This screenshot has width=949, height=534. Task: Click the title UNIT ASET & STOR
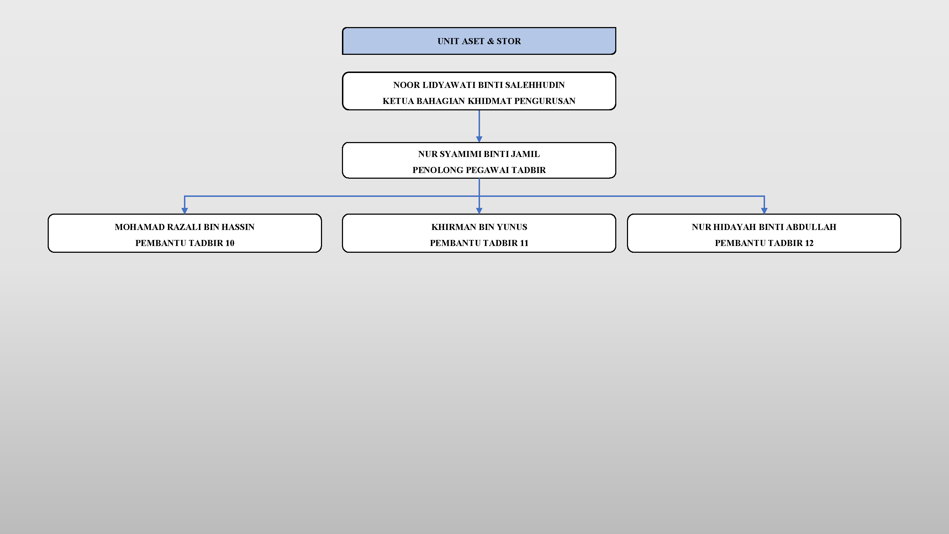click(x=479, y=41)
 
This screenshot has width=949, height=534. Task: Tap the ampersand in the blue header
click(x=490, y=41)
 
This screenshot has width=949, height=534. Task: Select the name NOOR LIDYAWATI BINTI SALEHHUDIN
click(x=479, y=85)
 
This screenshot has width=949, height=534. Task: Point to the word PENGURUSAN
click(x=545, y=101)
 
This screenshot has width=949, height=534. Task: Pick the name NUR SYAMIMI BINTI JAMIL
click(x=479, y=154)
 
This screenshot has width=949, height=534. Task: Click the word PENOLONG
click(x=438, y=170)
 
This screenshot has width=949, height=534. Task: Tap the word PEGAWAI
click(x=487, y=170)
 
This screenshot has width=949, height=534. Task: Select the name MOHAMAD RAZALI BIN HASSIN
click(x=185, y=227)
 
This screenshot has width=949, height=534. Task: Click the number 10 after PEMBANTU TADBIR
click(x=230, y=243)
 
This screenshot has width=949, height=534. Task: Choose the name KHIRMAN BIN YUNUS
click(x=479, y=227)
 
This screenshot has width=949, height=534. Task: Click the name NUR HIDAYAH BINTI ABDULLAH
click(x=764, y=227)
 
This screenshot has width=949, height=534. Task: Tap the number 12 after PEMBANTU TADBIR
click(x=809, y=243)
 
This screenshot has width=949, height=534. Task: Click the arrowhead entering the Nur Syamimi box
click(x=479, y=139)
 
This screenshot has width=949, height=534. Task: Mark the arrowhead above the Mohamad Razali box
click(x=185, y=211)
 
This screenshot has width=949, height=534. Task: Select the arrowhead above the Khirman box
click(x=479, y=211)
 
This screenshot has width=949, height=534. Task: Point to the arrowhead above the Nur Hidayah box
click(x=764, y=211)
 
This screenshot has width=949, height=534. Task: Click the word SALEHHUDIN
click(x=535, y=85)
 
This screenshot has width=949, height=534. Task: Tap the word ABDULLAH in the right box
click(x=811, y=227)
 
